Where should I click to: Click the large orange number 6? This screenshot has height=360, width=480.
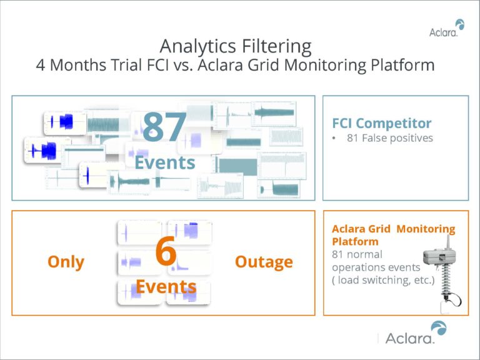click(x=166, y=252)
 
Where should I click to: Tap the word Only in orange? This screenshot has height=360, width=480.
click(x=66, y=261)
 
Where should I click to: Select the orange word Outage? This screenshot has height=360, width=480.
click(x=263, y=261)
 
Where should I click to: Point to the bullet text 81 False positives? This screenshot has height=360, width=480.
click(x=389, y=138)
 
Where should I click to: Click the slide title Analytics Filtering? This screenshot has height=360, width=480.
click(x=234, y=46)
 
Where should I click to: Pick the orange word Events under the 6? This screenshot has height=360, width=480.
click(x=166, y=286)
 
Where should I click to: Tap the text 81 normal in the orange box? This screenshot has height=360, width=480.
click(x=356, y=255)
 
